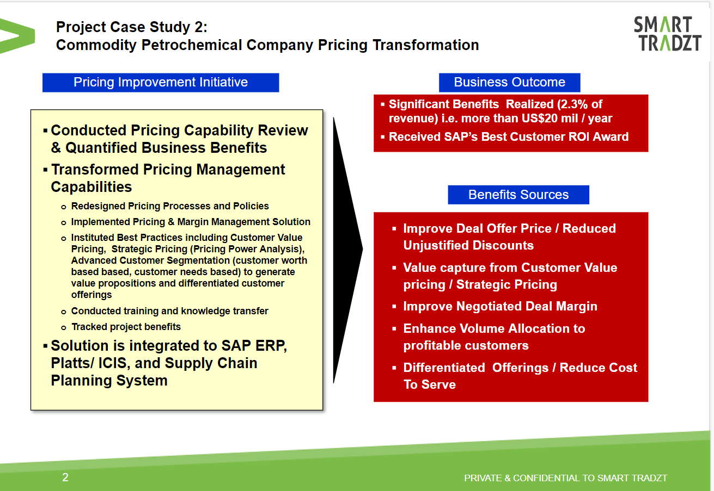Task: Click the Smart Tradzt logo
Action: pos(668,34)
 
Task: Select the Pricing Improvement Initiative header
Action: pos(161,83)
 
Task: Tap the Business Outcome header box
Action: pos(509,83)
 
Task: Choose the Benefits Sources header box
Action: pos(518,195)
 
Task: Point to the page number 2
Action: pos(65,477)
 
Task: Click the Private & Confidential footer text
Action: pos(565,478)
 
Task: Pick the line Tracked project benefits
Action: pos(126,327)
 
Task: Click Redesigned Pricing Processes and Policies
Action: pos(170,206)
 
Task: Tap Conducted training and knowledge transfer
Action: pos(169,311)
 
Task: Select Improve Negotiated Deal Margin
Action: pos(500,307)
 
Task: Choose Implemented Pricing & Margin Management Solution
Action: pos(191,222)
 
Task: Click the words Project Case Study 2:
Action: pos(132,27)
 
